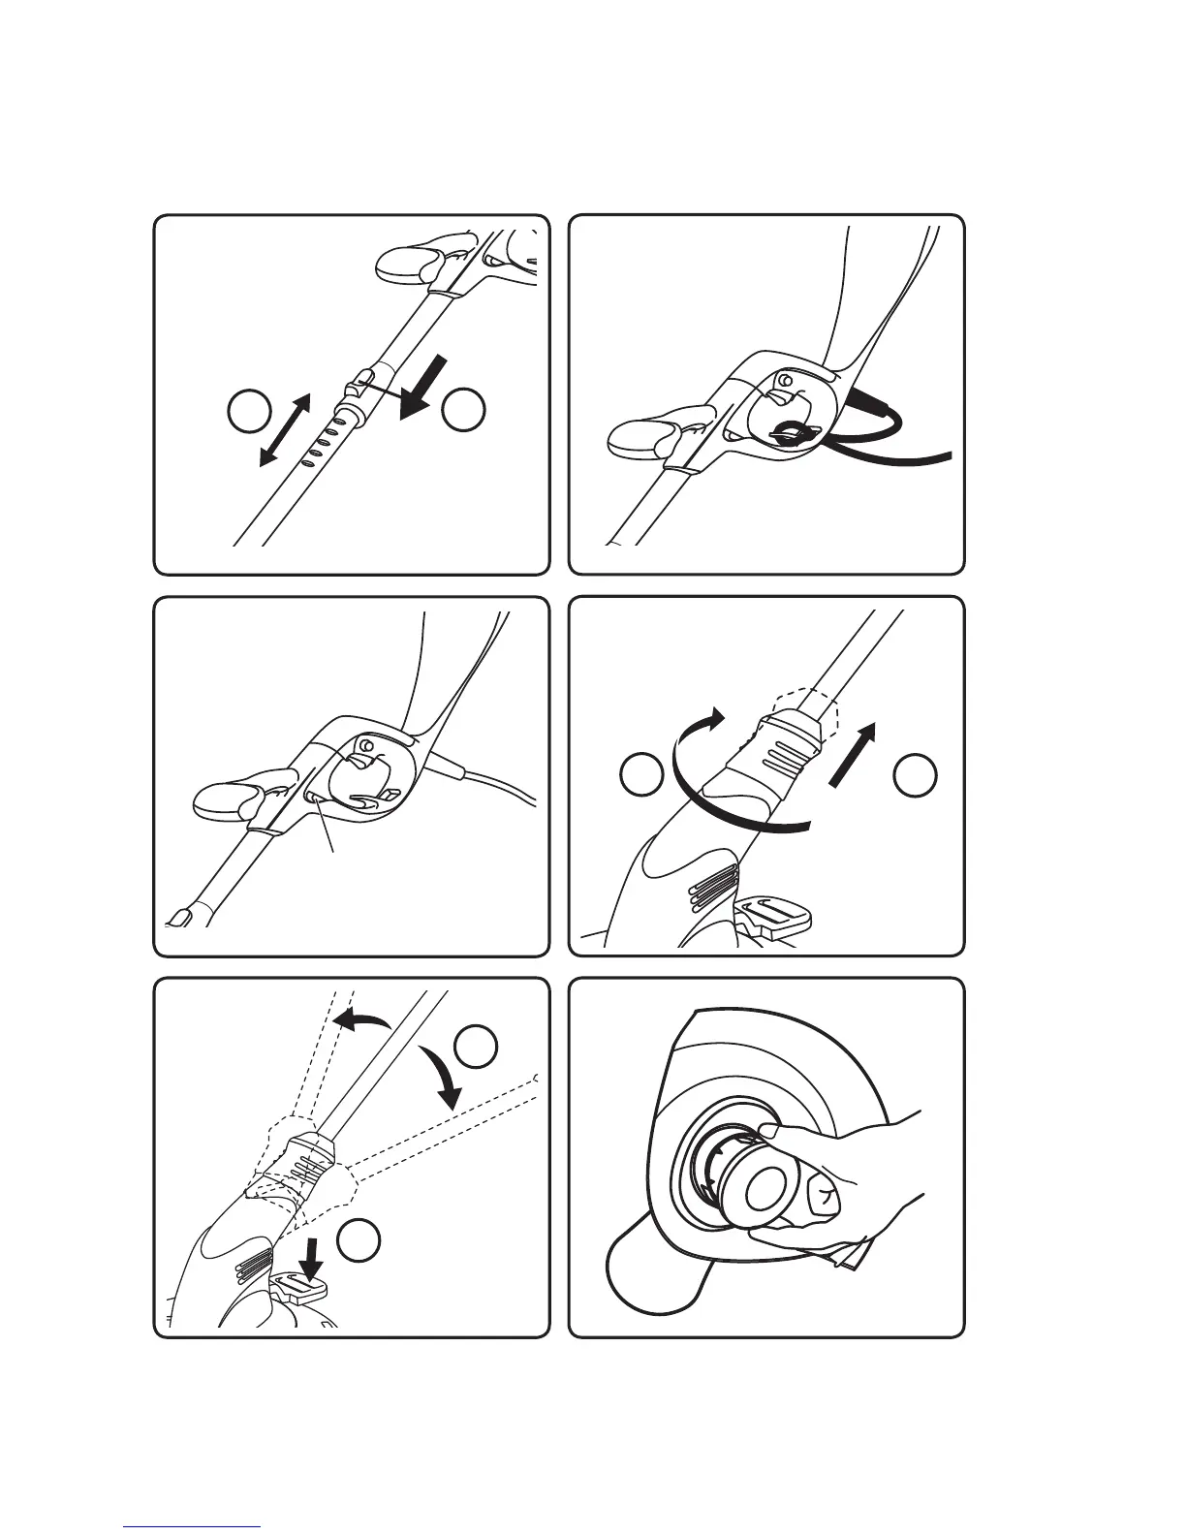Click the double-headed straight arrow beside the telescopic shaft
point(285,430)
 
